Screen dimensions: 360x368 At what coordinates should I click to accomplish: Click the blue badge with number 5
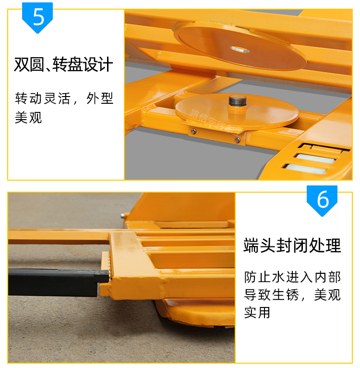click(x=37, y=17)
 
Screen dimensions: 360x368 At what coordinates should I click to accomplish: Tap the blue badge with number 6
click(x=322, y=200)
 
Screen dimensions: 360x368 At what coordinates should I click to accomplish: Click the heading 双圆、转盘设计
click(x=63, y=64)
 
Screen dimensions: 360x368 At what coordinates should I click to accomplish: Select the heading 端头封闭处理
click(x=292, y=245)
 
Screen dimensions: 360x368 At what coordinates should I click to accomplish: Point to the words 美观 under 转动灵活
click(x=28, y=117)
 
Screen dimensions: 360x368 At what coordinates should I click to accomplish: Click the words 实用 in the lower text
click(x=257, y=312)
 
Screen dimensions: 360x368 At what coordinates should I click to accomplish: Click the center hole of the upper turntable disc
click(x=240, y=49)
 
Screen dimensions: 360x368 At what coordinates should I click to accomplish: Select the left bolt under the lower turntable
click(x=193, y=132)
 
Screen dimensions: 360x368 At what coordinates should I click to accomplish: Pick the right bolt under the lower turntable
click(x=237, y=140)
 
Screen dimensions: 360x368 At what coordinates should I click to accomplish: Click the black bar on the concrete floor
click(x=56, y=282)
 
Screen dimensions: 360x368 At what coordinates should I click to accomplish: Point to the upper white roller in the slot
click(x=315, y=159)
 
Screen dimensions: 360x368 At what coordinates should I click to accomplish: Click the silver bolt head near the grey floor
click(x=122, y=216)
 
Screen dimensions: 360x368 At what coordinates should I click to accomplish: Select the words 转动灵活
click(x=43, y=98)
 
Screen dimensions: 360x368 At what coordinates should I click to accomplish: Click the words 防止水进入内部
click(x=292, y=277)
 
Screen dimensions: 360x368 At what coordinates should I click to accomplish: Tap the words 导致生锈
click(x=272, y=295)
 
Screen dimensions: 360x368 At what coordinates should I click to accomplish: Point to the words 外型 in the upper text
click(x=100, y=98)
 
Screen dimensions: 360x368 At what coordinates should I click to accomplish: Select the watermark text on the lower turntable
click(x=220, y=124)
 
